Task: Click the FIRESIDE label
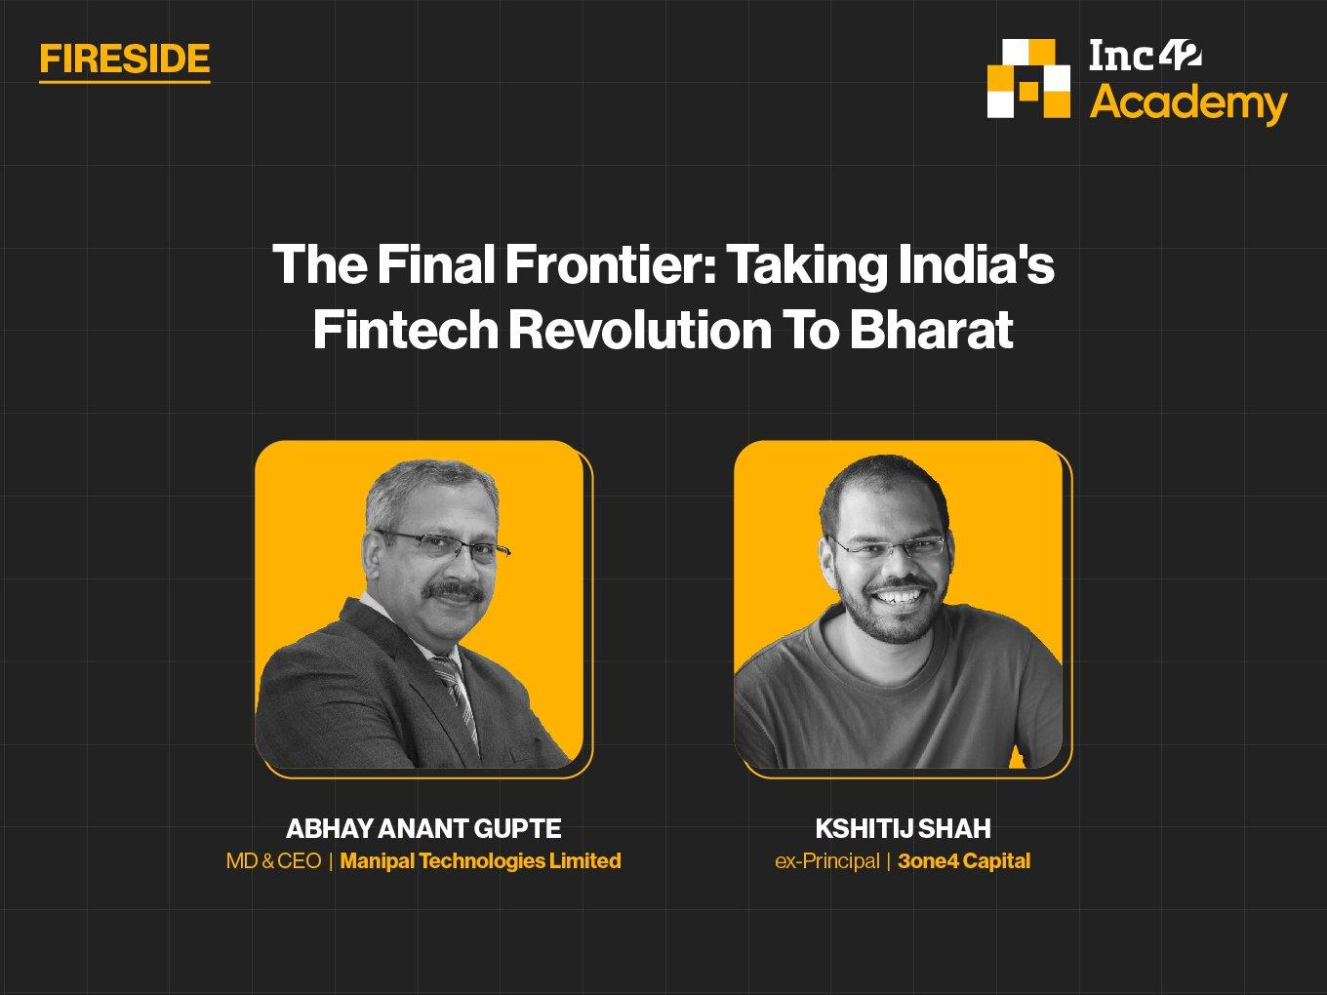pyautogui.click(x=125, y=59)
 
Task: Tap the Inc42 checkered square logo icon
pyautogui.click(x=1028, y=78)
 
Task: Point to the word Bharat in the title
pyautogui.click(x=932, y=330)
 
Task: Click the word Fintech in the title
pyautogui.click(x=406, y=330)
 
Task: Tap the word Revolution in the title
pyautogui.click(x=640, y=330)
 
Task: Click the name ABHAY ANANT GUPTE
pyautogui.click(x=423, y=828)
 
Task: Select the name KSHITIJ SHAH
pyautogui.click(x=904, y=828)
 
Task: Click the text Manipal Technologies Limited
pyautogui.click(x=481, y=860)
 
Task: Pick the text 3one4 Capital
pyautogui.click(x=964, y=860)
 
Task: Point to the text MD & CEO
pyautogui.click(x=273, y=860)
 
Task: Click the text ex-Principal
pyautogui.click(x=827, y=860)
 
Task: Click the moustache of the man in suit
pyautogui.click(x=454, y=590)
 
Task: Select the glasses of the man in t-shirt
pyautogui.click(x=889, y=546)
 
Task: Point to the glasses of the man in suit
pyautogui.click(x=444, y=545)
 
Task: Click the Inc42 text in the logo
pyautogui.click(x=1146, y=57)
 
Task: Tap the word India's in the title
pyautogui.click(x=976, y=264)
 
